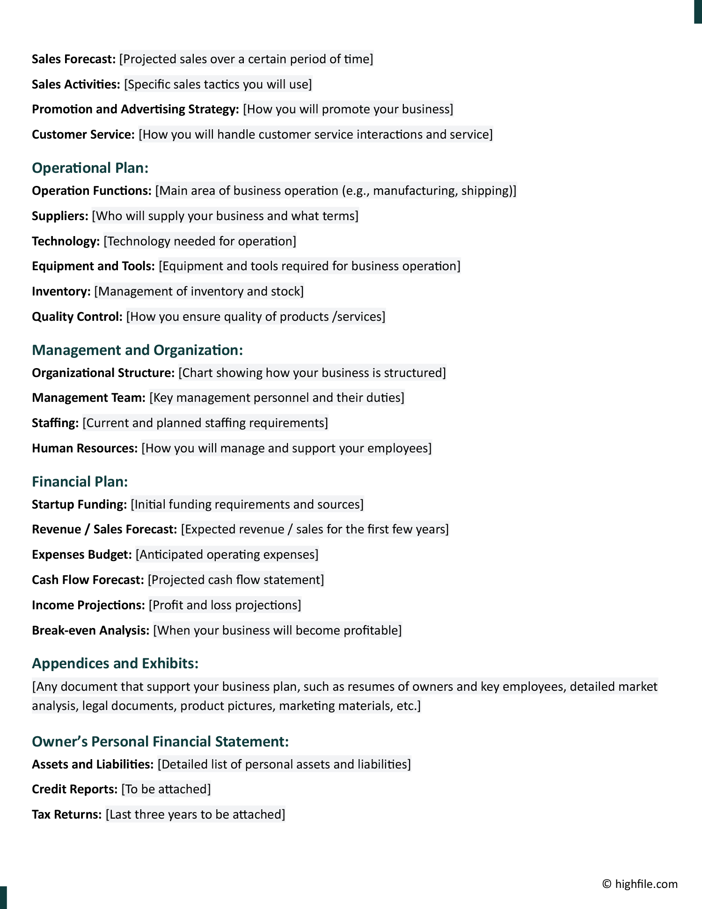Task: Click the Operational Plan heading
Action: [x=90, y=168]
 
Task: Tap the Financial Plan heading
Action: [x=80, y=481]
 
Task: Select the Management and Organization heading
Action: [x=137, y=350]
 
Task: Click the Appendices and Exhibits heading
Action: [x=115, y=663]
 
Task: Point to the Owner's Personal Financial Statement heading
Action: [x=160, y=741]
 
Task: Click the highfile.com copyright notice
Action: [x=640, y=884]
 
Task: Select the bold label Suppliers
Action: [x=60, y=216]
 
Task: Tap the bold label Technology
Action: [x=66, y=241]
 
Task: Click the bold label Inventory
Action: [x=61, y=291]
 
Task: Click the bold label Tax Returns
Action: [x=66, y=814]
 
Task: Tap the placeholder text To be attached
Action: [x=166, y=789]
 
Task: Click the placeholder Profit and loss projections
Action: [x=225, y=605]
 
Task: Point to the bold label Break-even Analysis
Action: [x=90, y=630]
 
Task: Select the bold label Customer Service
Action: [x=83, y=134]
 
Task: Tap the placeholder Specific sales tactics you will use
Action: [x=218, y=84]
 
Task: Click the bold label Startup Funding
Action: [x=79, y=504]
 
